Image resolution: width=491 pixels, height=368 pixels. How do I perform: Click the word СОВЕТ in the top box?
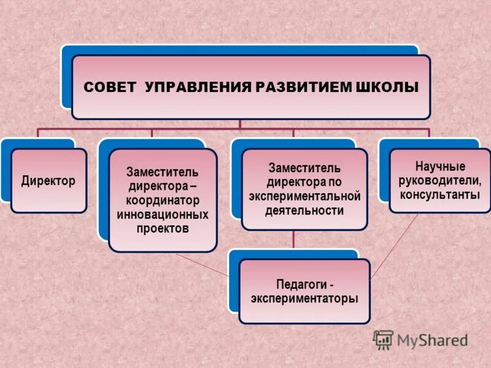pos(111,88)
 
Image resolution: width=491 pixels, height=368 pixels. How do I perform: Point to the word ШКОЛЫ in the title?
pos(387,88)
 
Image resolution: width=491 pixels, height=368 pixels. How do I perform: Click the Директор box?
pos(48,181)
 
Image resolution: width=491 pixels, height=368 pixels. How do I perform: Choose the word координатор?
pos(163,201)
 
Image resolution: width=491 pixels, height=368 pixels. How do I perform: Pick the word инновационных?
pos(163,215)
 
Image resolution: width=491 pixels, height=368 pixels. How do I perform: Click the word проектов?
pos(163,229)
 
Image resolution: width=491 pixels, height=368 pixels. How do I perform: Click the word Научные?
pos(440,167)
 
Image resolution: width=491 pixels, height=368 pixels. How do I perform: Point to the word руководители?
pos(440,181)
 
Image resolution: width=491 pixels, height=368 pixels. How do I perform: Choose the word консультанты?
pos(440,195)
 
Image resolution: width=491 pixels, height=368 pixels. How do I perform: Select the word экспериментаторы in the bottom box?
pos(304,299)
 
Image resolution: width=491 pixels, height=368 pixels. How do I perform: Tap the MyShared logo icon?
pos(383,339)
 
